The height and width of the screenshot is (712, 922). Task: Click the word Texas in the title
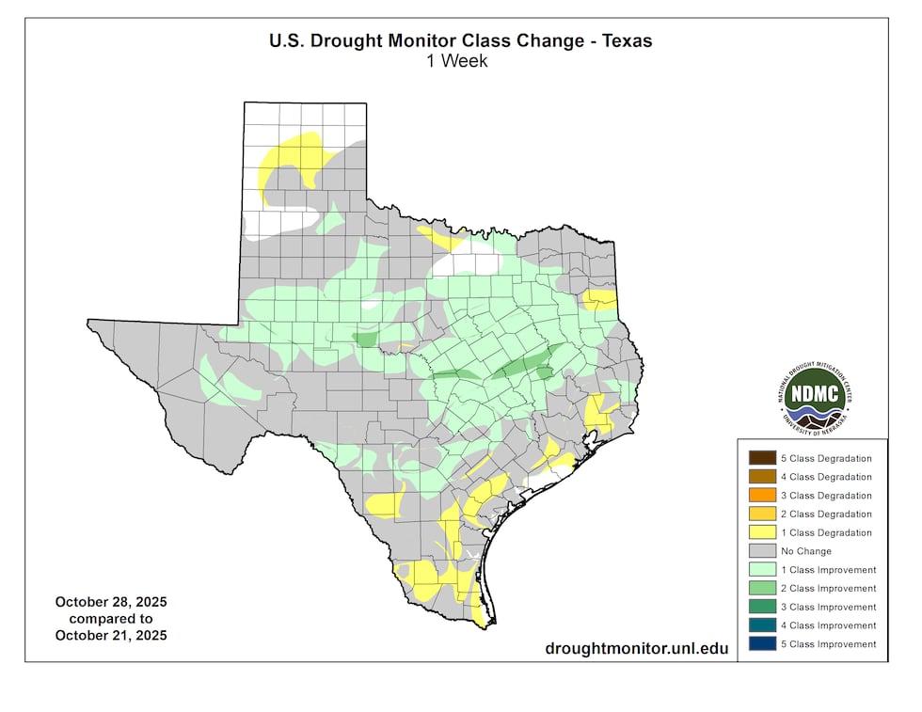tap(627, 41)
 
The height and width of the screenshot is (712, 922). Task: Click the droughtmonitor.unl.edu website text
tap(636, 649)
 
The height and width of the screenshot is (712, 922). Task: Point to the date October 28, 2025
tap(110, 602)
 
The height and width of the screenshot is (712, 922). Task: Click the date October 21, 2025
tap(110, 635)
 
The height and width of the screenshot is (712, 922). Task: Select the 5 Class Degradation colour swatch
tap(762, 458)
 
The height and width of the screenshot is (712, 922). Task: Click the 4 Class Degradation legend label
tap(826, 477)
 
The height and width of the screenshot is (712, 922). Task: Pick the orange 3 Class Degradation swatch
tap(762, 496)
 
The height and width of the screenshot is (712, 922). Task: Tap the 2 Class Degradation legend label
tap(826, 514)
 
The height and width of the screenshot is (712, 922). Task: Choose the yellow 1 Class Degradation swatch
tap(762, 532)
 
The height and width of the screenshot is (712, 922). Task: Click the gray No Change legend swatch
tap(762, 551)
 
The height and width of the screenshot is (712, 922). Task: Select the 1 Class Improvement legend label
tap(828, 570)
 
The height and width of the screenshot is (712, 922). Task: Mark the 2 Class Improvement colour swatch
tap(762, 589)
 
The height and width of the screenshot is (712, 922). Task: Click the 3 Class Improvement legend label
tap(828, 608)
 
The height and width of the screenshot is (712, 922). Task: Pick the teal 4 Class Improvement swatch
tap(762, 625)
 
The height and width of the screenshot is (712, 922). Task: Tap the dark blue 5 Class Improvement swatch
tap(762, 644)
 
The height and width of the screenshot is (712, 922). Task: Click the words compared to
tap(110, 619)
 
